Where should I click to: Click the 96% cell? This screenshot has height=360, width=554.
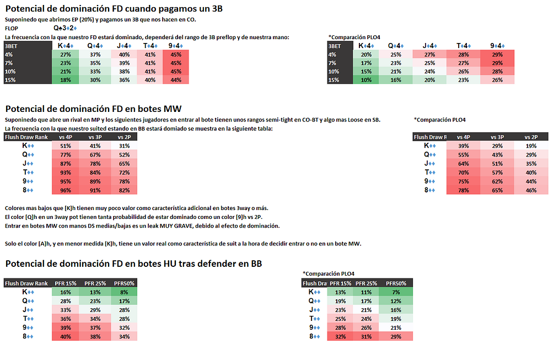point(65,190)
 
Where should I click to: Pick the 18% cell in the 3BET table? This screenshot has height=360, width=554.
point(65,79)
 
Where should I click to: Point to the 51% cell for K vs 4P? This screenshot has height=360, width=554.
point(65,146)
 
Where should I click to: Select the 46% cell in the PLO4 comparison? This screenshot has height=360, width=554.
point(531,190)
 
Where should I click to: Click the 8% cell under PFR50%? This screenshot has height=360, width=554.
point(125,292)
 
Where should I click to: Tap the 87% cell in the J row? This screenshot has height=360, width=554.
point(65,164)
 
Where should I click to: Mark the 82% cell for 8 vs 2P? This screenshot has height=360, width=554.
point(125,190)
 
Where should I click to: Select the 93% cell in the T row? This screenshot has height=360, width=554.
point(65,173)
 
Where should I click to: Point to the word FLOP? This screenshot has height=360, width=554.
point(11,28)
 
